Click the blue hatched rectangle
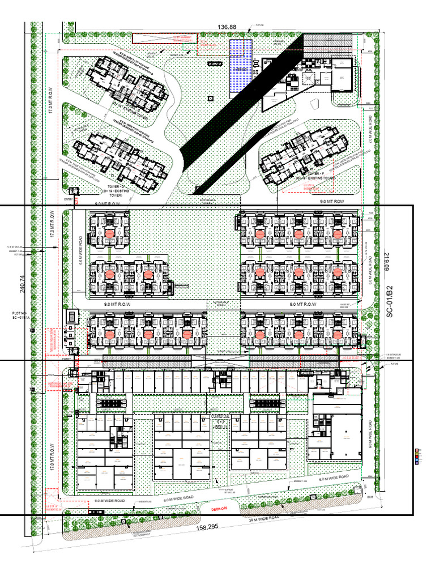point(241,66)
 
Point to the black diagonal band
point(244,99)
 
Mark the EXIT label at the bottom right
point(371,497)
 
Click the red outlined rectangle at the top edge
point(165,39)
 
